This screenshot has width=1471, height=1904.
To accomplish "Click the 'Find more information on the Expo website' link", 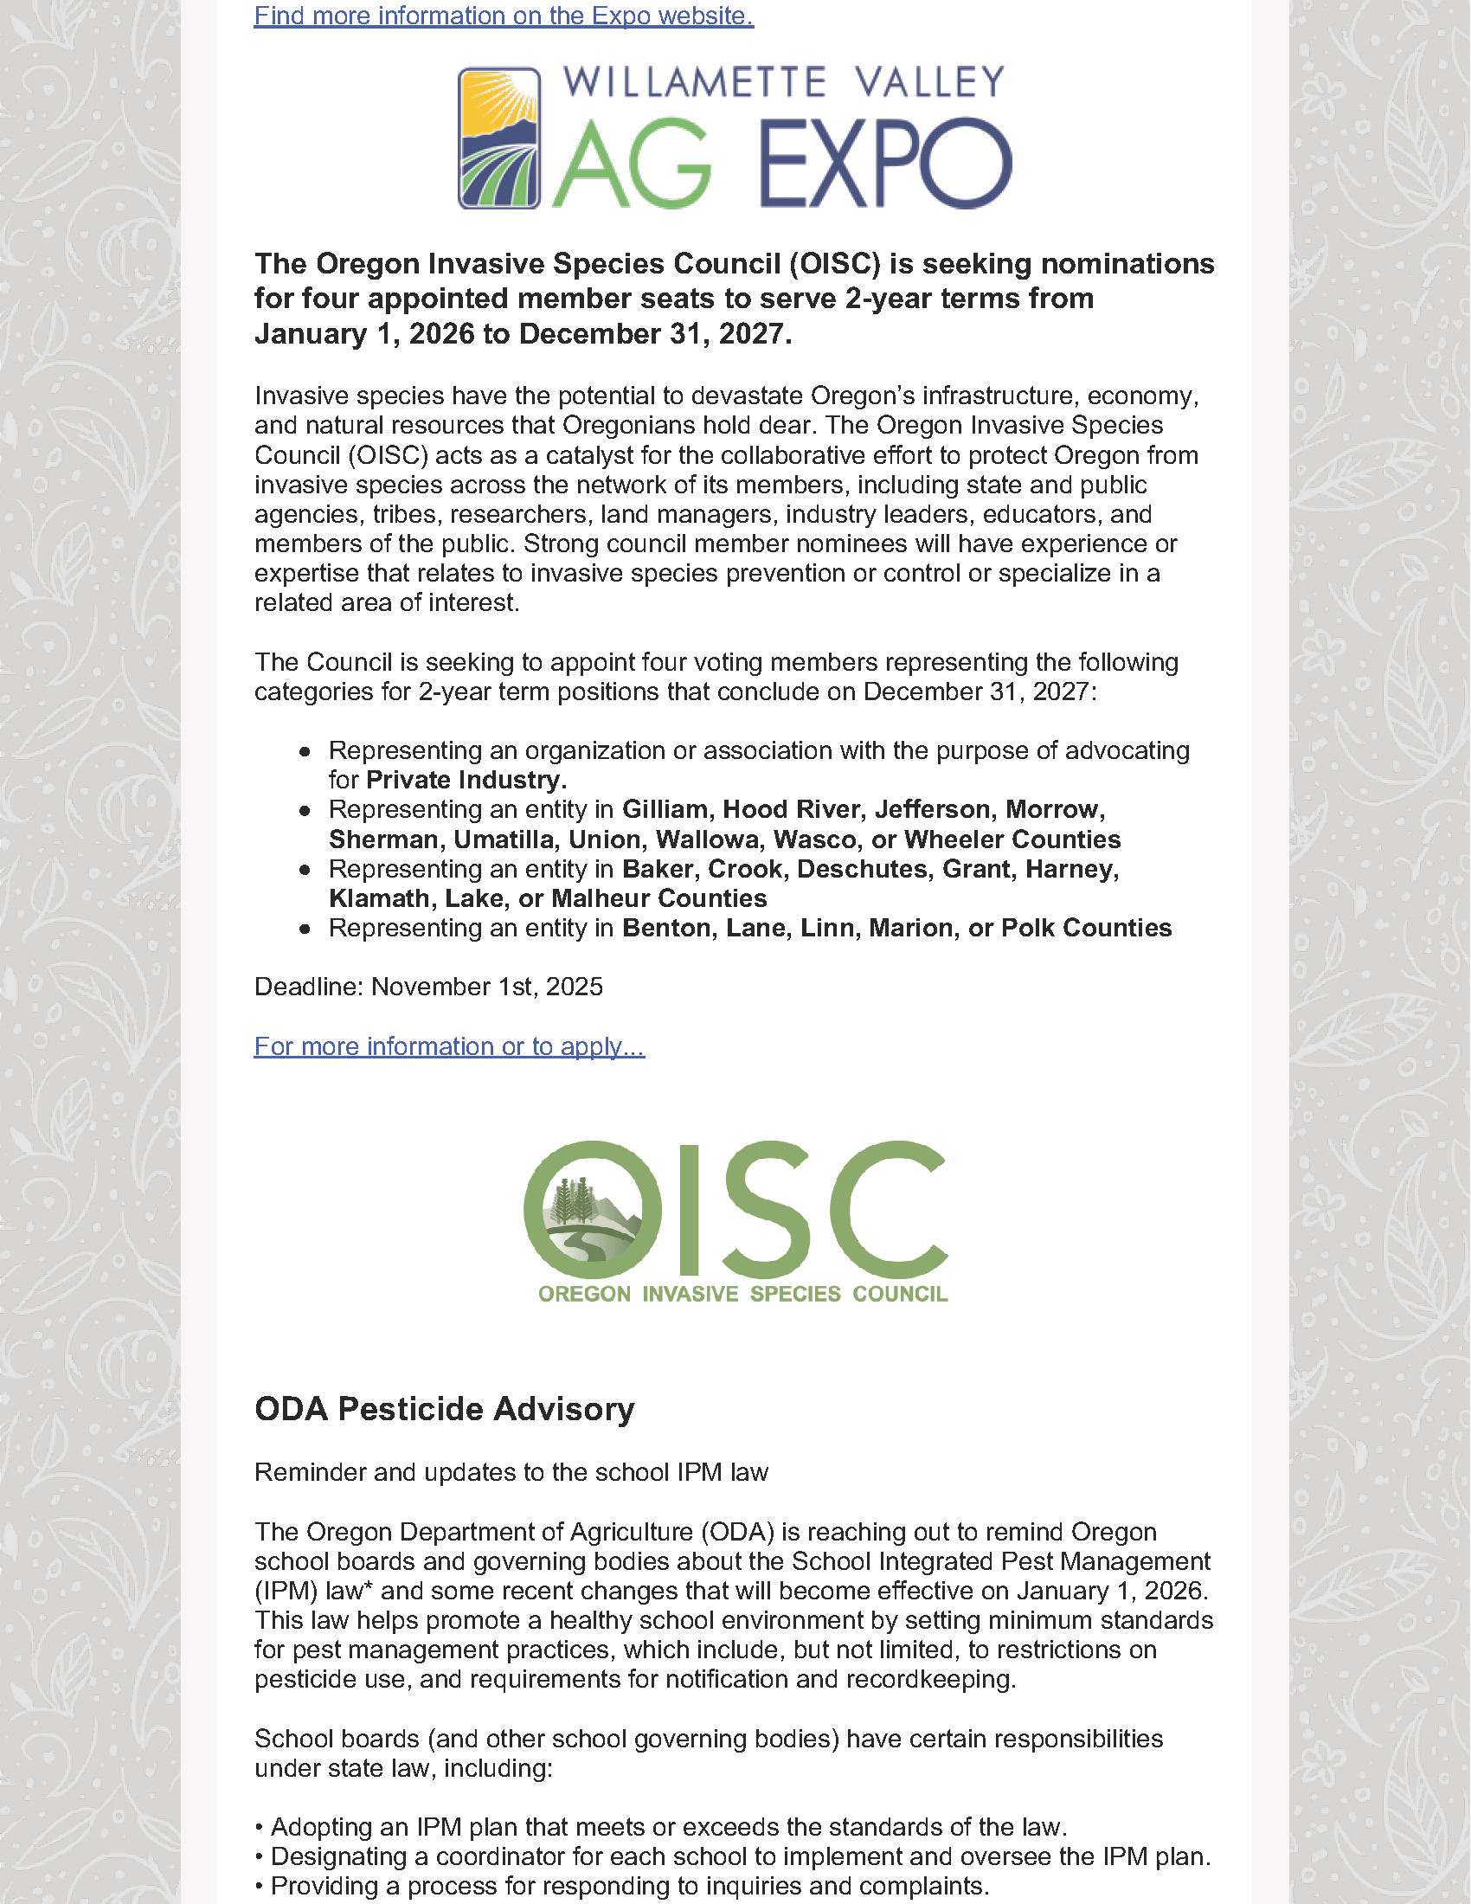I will tap(504, 16).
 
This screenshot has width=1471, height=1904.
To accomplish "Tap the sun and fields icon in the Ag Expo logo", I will tap(499, 138).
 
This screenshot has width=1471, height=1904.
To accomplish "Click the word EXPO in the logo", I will tap(885, 164).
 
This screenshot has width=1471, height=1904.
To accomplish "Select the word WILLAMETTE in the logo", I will tap(695, 83).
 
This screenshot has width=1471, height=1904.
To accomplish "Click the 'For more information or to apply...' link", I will tap(449, 1046).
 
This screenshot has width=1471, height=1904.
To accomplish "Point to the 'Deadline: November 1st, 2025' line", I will tap(427, 987).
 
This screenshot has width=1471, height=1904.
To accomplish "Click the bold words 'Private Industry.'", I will tap(466, 781).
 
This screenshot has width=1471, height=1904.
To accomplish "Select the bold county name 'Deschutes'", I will tap(851, 869).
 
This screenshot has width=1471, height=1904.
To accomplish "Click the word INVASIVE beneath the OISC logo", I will tap(691, 1294).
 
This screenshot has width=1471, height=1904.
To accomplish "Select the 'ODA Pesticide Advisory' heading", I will tap(445, 1410).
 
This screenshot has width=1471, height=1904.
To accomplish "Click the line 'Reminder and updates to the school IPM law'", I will tap(511, 1472).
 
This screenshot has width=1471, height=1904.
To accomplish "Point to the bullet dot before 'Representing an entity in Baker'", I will tap(304, 870).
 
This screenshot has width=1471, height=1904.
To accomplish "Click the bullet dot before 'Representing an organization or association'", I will tap(304, 751).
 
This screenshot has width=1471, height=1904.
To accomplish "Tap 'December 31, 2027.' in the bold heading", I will tap(654, 334).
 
